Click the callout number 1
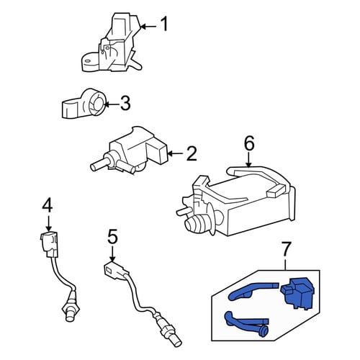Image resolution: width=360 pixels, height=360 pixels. [x=164, y=24]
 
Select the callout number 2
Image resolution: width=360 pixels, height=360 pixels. [x=192, y=153]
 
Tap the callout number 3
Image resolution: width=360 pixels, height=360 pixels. [x=125, y=104]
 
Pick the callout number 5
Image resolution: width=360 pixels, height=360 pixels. [x=112, y=237]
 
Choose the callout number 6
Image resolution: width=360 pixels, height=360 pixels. [x=249, y=143]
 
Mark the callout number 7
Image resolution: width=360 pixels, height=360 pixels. [x=286, y=250]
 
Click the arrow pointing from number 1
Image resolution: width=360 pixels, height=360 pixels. [x=148, y=26]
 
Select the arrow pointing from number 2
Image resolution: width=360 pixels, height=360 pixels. [x=176, y=153]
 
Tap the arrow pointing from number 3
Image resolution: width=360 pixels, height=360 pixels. [x=112, y=104]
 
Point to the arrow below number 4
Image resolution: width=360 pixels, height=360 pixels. [x=49, y=224]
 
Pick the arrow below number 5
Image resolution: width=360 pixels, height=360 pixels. [x=112, y=254]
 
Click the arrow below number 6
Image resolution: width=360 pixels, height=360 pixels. [x=249, y=160]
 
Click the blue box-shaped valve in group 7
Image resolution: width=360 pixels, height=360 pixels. [x=297, y=294]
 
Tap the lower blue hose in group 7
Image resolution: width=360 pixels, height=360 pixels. [x=247, y=323]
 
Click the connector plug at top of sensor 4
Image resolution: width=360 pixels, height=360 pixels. [x=49, y=243]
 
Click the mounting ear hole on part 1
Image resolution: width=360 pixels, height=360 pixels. [x=88, y=60]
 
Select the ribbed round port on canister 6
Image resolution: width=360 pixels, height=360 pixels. [x=196, y=225]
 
